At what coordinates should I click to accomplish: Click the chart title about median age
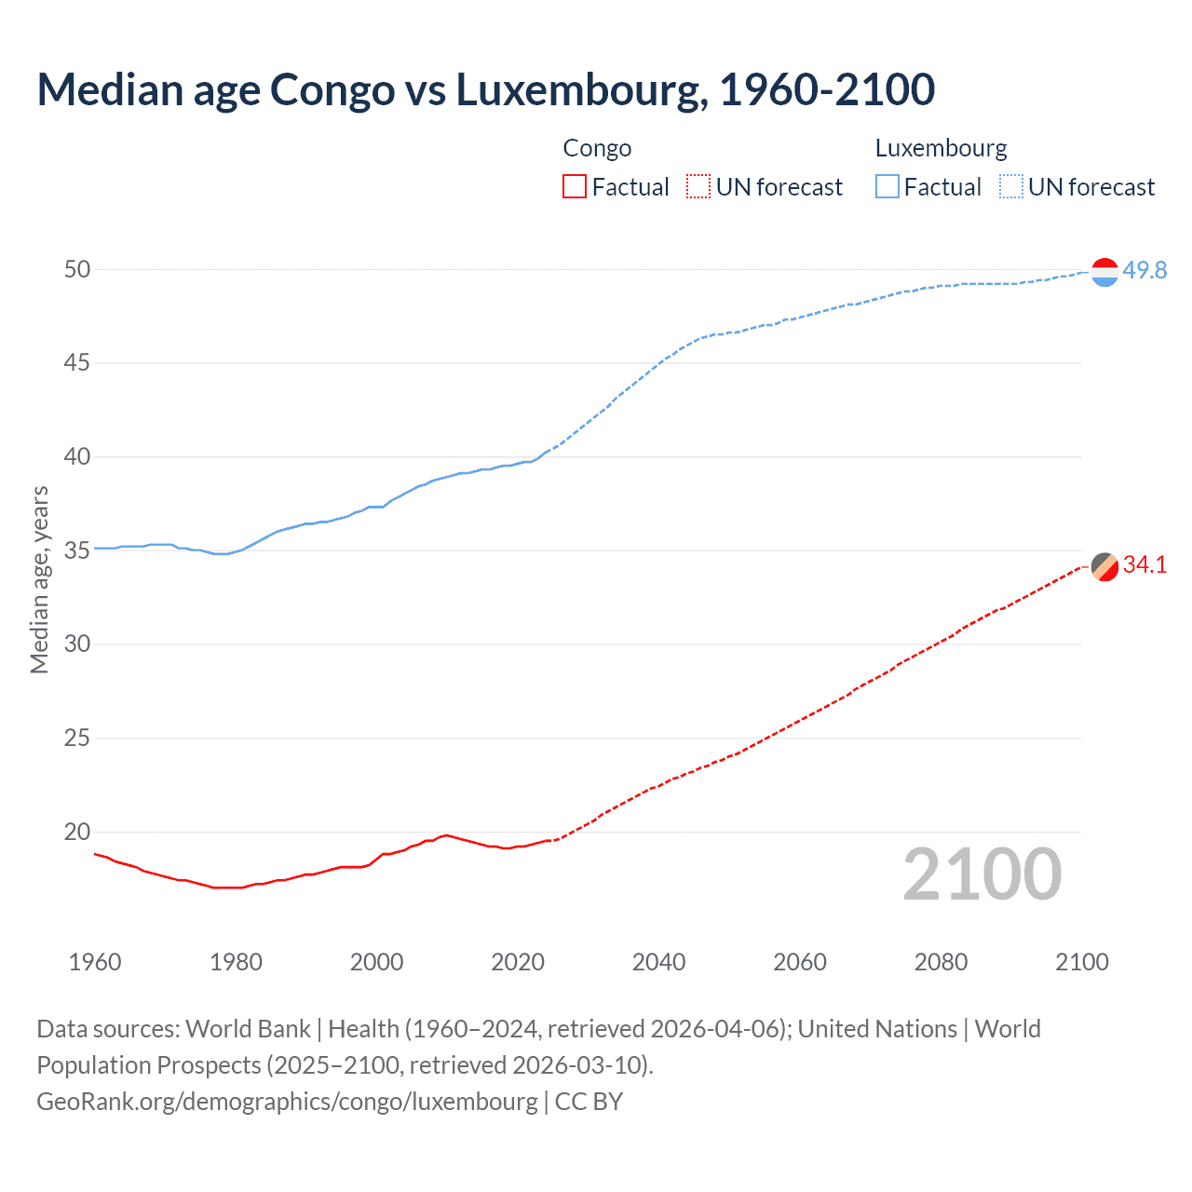tap(485, 89)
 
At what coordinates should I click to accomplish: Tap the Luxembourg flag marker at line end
tap(1104, 272)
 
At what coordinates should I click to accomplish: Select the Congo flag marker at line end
tap(1104, 566)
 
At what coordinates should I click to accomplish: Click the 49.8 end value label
tap(1145, 270)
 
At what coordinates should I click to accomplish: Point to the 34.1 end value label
tap(1145, 564)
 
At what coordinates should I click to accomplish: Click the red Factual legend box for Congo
tap(575, 186)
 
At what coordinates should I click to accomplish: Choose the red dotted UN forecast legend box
tap(698, 186)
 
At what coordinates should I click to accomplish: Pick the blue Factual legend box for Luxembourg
tap(887, 186)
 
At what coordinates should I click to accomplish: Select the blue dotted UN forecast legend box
tap(1010, 186)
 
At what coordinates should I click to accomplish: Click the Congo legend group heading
tap(597, 148)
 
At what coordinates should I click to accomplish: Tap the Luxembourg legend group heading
tap(941, 148)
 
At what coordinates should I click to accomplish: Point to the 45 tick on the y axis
tap(77, 362)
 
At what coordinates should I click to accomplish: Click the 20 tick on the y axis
tap(77, 832)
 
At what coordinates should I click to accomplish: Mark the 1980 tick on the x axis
tap(236, 962)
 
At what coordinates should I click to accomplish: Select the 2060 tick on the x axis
tap(800, 962)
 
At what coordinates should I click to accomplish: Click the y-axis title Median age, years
tap(39, 579)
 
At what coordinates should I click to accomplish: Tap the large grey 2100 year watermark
tap(982, 874)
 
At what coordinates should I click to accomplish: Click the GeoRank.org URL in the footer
tap(287, 1101)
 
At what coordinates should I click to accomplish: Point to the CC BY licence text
tap(589, 1101)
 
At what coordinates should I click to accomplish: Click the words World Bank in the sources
tap(248, 1028)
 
